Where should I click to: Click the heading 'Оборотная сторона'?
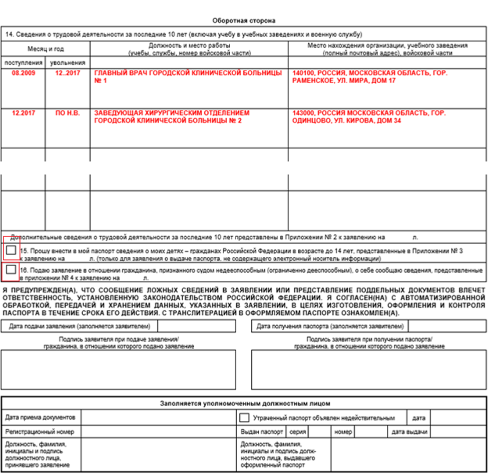pos(244,20)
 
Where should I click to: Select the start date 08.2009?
pos(24,73)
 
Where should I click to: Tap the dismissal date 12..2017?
pos(67,73)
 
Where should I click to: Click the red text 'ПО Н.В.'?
pos(68,113)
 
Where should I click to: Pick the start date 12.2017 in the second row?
pos(24,113)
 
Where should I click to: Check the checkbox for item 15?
pos(11,250)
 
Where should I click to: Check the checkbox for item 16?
pos(11,269)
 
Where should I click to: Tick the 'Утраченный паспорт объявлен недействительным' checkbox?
pos(244,417)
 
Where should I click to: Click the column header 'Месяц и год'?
pos(46,49)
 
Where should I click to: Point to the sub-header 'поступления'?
pos(24,63)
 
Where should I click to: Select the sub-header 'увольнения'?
pos(68,63)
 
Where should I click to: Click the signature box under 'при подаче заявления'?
pos(118,369)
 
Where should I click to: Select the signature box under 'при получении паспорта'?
pos(369,369)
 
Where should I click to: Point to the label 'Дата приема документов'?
pos(40,417)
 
